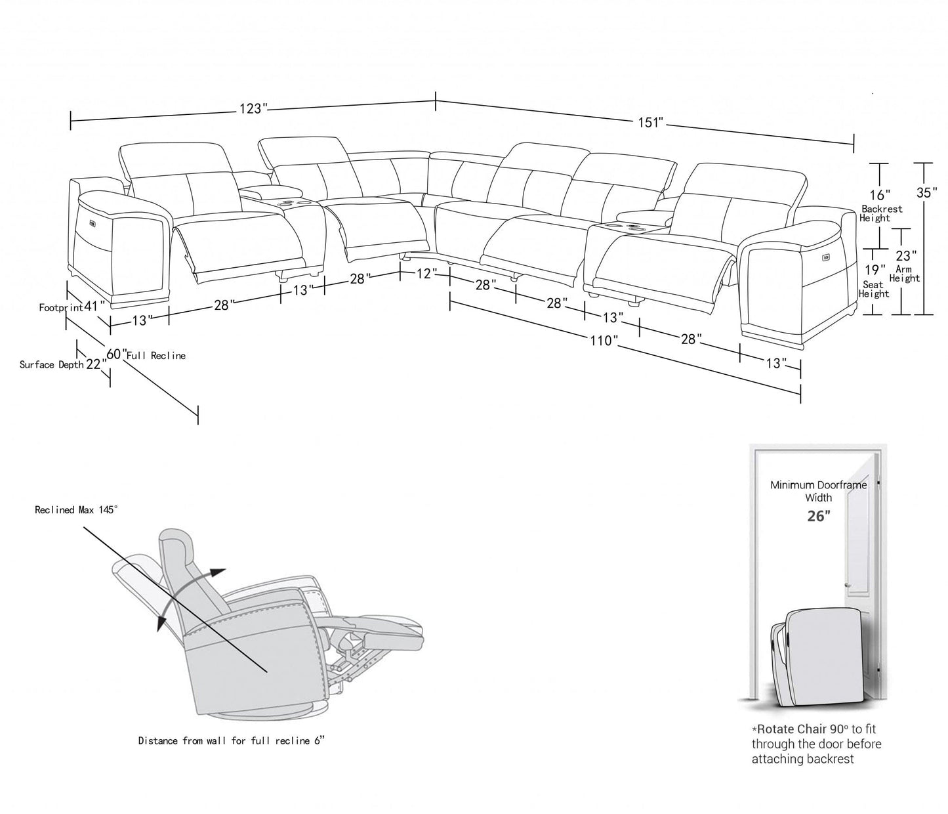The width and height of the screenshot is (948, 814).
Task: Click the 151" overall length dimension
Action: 651,123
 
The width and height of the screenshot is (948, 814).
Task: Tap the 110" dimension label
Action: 603,341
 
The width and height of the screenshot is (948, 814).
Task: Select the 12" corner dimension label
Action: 424,274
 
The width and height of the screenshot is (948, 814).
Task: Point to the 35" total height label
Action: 925,192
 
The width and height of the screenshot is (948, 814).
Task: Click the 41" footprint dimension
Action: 94,307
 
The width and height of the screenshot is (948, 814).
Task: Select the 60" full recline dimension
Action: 115,354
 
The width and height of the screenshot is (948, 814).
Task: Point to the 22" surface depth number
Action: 95,364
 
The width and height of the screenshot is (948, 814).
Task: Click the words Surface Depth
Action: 51,365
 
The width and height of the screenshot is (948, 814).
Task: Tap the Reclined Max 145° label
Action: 76,510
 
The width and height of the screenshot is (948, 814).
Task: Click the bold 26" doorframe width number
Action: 818,517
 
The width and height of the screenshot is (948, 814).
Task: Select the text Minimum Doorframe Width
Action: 818,491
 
